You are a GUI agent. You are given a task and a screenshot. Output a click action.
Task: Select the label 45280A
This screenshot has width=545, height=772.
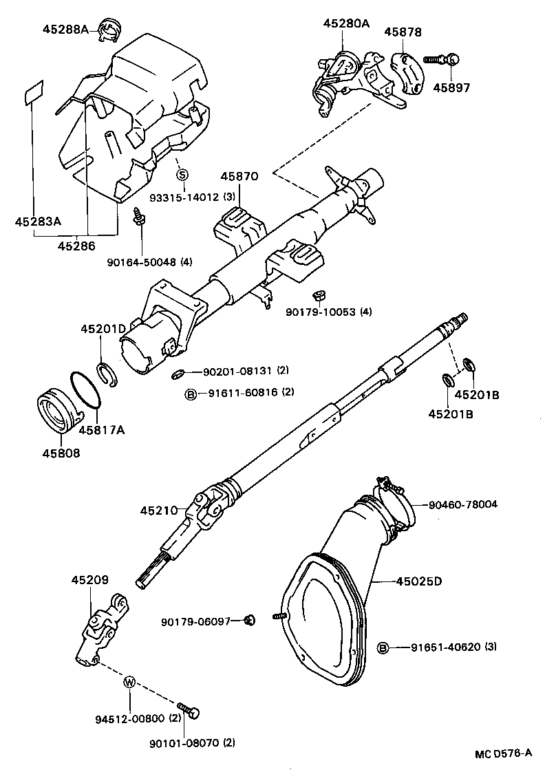[x=346, y=23]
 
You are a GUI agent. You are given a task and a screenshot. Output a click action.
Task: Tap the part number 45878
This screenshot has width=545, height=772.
[x=403, y=32]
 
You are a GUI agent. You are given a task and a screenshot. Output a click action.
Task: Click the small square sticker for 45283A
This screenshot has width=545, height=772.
[x=33, y=94]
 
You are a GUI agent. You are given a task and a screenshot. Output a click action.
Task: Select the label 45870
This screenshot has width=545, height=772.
[x=239, y=177]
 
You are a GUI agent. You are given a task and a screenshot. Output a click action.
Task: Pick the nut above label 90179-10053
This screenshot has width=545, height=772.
[x=319, y=295]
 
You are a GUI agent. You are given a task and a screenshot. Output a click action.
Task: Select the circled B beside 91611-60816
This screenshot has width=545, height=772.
[x=191, y=393]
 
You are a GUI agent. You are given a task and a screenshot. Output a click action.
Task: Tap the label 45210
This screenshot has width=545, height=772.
[x=160, y=511]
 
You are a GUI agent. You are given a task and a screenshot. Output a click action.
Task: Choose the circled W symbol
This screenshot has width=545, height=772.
[x=129, y=683]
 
